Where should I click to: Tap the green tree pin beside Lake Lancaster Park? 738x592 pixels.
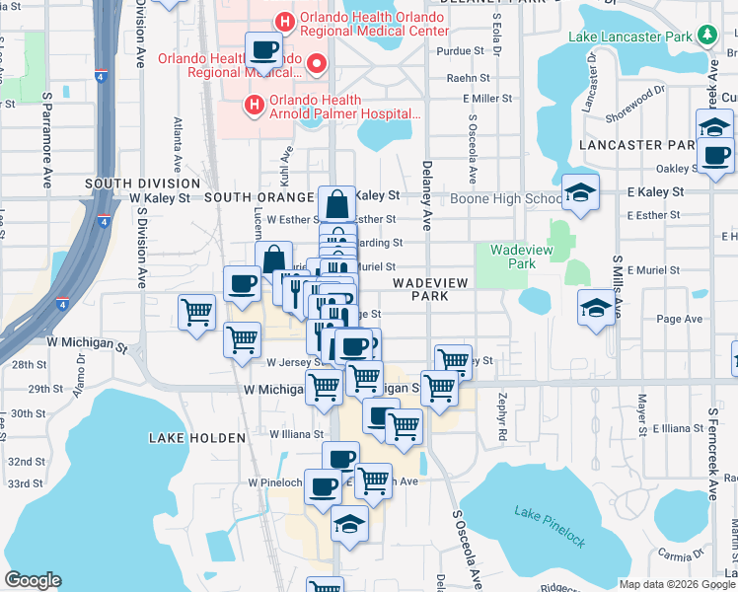tap(706, 37)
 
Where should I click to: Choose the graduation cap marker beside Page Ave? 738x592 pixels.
tap(596, 309)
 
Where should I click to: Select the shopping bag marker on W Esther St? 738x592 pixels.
tap(336, 204)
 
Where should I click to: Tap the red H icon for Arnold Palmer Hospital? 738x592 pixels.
tap(253, 104)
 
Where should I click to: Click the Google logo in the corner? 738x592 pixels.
tap(33, 580)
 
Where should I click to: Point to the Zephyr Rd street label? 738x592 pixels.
tap(502, 419)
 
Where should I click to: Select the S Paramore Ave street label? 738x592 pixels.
tap(46, 141)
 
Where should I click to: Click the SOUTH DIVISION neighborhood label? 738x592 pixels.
tap(142, 184)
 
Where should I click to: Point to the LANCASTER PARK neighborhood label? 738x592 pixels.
tap(653, 144)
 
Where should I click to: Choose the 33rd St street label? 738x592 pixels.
tap(26, 483)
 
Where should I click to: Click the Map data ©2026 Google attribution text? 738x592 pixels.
tap(676, 583)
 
